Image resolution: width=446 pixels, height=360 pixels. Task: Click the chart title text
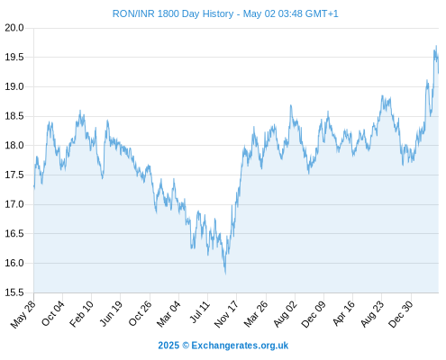pyautogui.click(x=225, y=13)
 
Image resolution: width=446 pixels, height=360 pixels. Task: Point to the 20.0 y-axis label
pyautogui.click(x=14, y=28)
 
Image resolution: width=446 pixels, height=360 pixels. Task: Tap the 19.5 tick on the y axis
pyautogui.click(x=14, y=57)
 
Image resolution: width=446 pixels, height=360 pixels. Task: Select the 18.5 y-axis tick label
pyautogui.click(x=14, y=116)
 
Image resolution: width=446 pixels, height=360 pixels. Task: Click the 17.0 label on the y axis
pyautogui.click(x=14, y=204)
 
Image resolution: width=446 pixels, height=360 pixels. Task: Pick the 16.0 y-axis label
pyautogui.click(x=14, y=263)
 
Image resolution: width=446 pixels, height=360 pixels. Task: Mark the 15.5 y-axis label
pyautogui.click(x=14, y=292)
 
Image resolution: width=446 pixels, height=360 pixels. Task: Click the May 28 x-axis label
pyautogui.click(x=23, y=314)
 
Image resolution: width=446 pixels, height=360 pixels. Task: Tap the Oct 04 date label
pyautogui.click(x=53, y=313)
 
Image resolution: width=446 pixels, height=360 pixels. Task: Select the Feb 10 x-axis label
pyautogui.click(x=81, y=314)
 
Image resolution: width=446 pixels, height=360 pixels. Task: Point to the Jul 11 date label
pyautogui.click(x=199, y=312)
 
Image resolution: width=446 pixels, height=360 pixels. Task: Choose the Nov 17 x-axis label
pyautogui.click(x=226, y=314)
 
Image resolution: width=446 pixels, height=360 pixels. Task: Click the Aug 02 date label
pyautogui.click(x=285, y=314)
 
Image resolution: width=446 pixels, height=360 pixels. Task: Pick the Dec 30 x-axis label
pyautogui.click(x=400, y=314)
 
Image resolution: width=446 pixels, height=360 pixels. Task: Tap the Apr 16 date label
pyautogui.click(x=343, y=313)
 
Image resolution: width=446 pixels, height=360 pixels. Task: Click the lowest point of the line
pyautogui.click(x=225, y=274)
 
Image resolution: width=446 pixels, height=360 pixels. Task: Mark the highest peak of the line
pyautogui.click(x=436, y=46)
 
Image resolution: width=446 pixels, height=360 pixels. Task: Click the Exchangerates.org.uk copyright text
pyautogui.click(x=240, y=346)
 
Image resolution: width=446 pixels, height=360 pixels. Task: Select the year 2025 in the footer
pyautogui.click(x=168, y=346)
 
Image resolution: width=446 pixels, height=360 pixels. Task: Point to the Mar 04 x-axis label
pyautogui.click(x=168, y=314)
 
